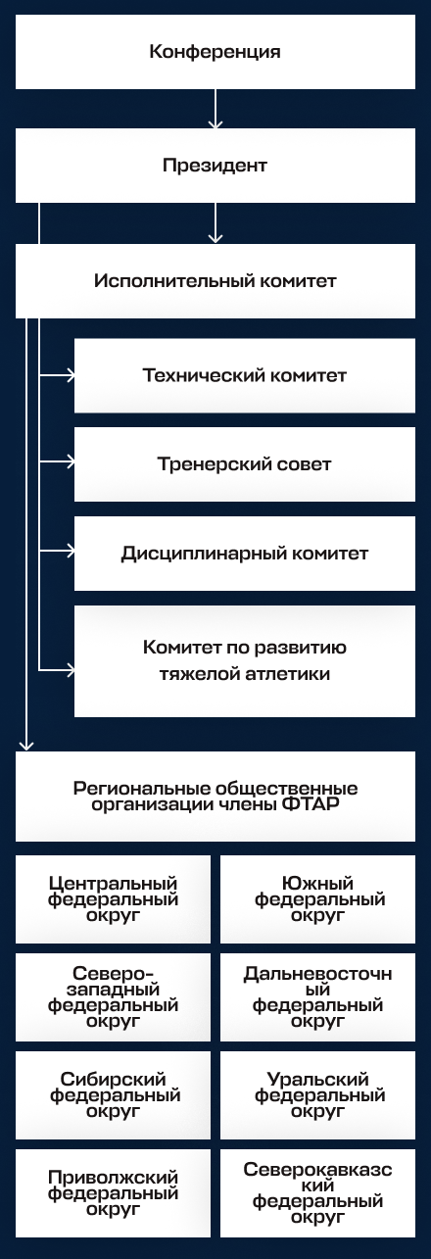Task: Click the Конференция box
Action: pyautogui.click(x=215, y=52)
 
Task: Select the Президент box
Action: pyautogui.click(x=215, y=166)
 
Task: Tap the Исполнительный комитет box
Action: pyautogui.click(x=215, y=280)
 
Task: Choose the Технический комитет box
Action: pyautogui.click(x=245, y=375)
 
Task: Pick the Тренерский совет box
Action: pyautogui.click(x=245, y=464)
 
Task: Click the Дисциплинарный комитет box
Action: pyautogui.click(x=245, y=554)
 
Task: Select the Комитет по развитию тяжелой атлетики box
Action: pyautogui.click(x=245, y=661)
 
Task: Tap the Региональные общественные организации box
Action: pyautogui.click(x=215, y=796)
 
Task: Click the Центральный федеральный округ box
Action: pyautogui.click(x=113, y=899)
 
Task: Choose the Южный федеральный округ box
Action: pyautogui.click(x=318, y=899)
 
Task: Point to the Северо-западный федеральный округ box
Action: pyautogui.click(x=113, y=997)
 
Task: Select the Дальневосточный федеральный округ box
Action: pyautogui.click(x=318, y=997)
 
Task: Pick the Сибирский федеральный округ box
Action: pyautogui.click(x=113, y=1095)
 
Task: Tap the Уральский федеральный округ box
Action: pyautogui.click(x=318, y=1095)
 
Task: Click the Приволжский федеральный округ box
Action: pyautogui.click(x=113, y=1193)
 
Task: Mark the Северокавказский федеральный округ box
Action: pyautogui.click(x=318, y=1193)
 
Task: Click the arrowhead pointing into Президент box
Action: pyautogui.click(x=215, y=123)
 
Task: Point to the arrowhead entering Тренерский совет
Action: pyautogui.click(x=71, y=460)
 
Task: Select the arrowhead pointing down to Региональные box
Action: pyautogui.click(x=26, y=746)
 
